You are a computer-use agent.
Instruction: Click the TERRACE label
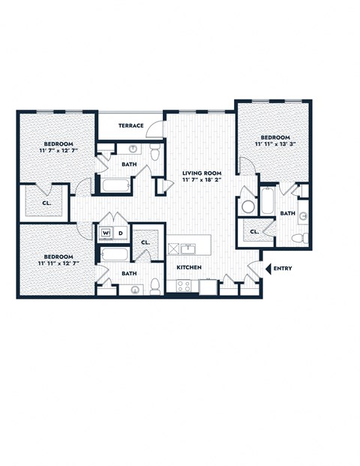click(131, 125)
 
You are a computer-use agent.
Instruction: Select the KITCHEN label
click(188, 267)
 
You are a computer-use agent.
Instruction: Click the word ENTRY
click(283, 268)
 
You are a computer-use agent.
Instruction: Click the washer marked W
click(106, 233)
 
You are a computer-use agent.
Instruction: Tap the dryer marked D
click(120, 233)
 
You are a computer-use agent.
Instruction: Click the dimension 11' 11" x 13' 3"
click(274, 144)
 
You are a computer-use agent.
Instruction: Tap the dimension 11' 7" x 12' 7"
click(58, 150)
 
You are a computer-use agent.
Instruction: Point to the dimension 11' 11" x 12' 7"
click(58, 263)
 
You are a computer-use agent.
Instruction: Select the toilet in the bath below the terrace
click(154, 154)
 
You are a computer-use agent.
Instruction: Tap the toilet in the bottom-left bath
click(154, 285)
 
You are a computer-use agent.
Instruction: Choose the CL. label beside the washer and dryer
click(145, 242)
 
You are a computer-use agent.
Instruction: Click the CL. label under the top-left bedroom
click(46, 203)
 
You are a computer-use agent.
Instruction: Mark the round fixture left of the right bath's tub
click(248, 206)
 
